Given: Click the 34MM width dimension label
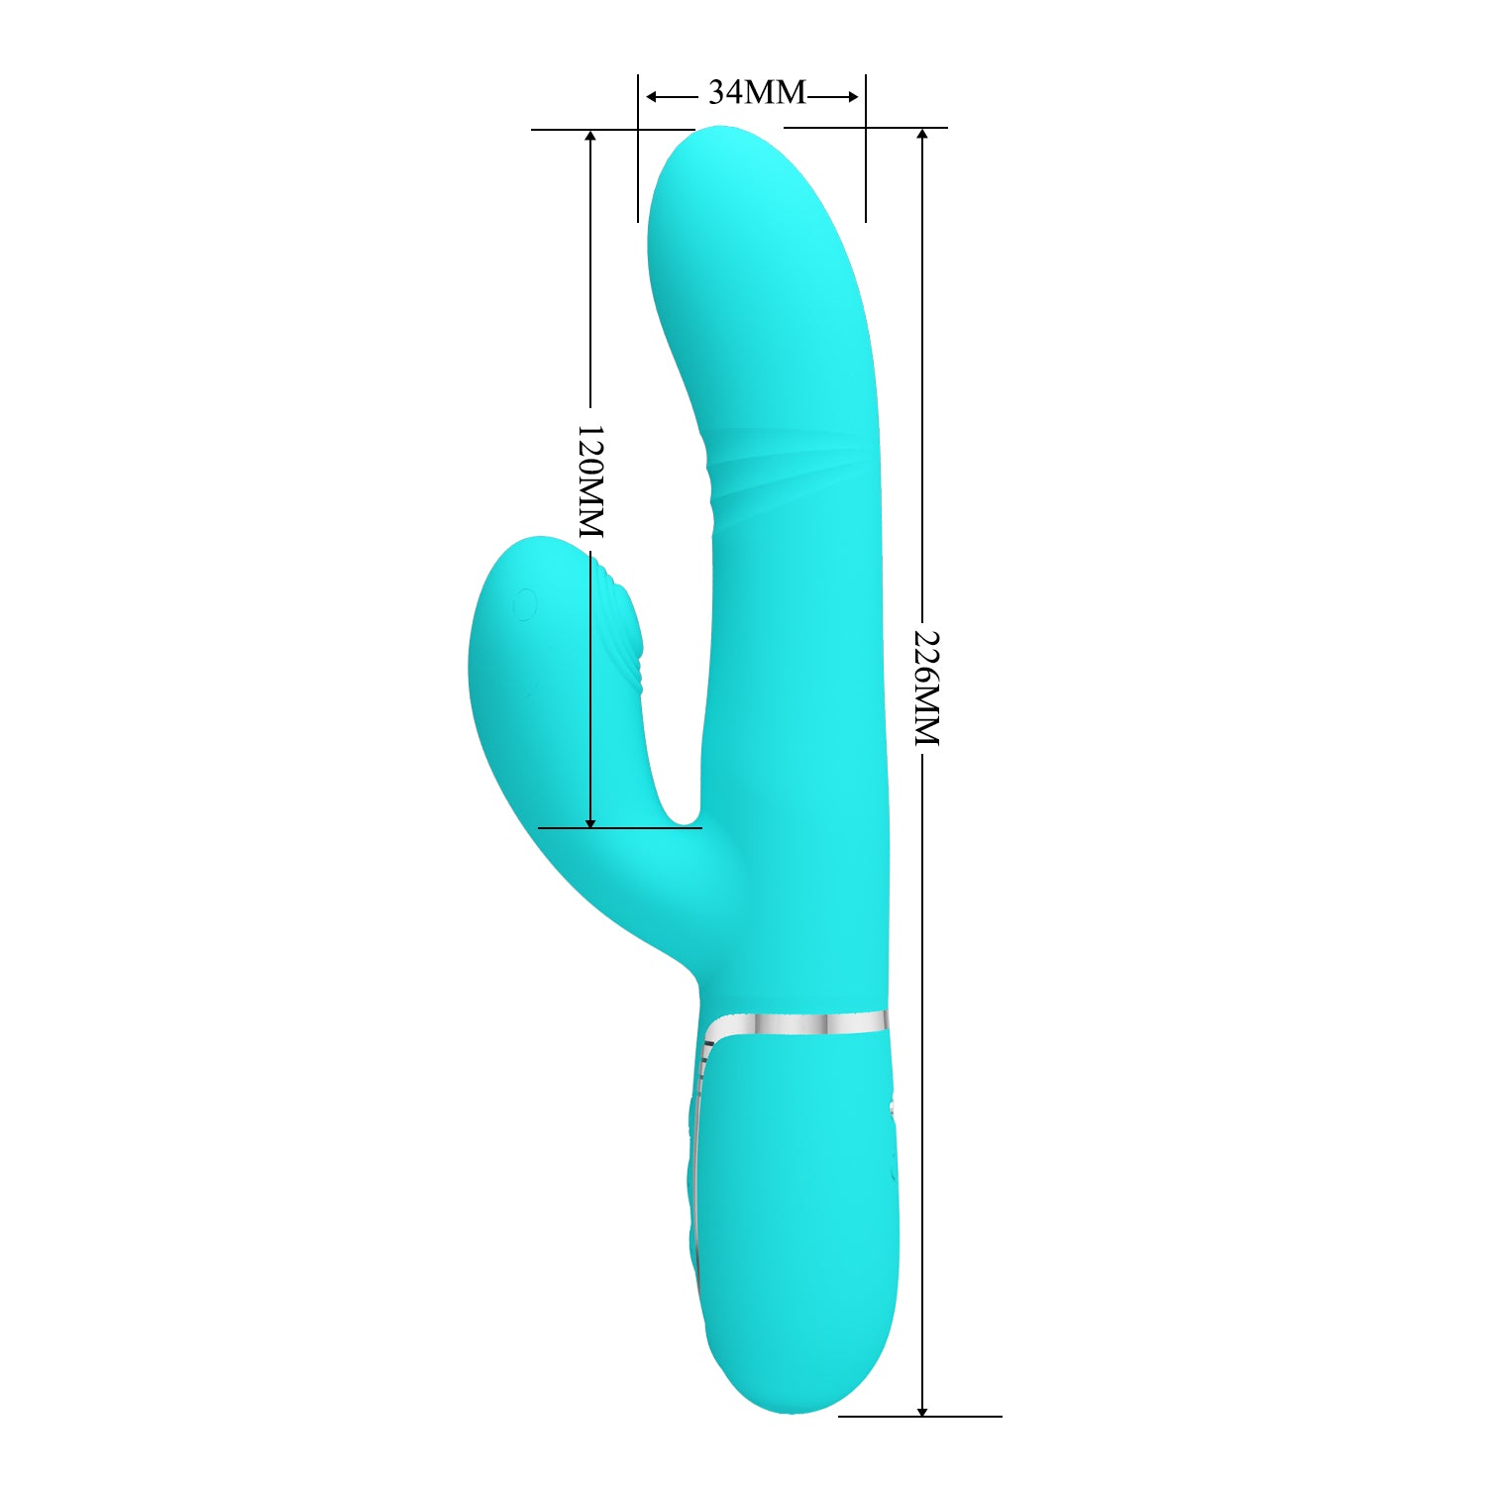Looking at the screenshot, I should (757, 93).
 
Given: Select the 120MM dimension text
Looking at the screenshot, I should (590, 480).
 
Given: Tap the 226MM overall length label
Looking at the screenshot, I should (925, 687).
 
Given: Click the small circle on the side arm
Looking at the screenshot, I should (525, 603).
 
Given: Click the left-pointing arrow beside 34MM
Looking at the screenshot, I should (654, 96).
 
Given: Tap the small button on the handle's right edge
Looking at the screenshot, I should (895, 1110).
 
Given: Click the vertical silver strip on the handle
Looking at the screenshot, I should (698, 1169).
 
